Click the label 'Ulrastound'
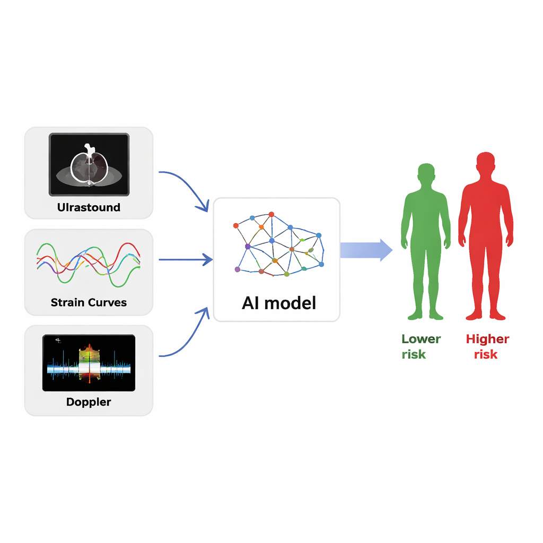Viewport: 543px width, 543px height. (x=89, y=207)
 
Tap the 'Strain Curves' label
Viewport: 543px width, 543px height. (x=89, y=303)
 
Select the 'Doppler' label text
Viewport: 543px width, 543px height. (x=89, y=402)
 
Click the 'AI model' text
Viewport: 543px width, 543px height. (x=278, y=303)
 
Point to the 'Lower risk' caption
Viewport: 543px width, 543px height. (x=421, y=346)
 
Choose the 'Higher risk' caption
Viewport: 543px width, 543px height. (x=487, y=346)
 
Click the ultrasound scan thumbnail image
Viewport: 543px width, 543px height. (x=89, y=164)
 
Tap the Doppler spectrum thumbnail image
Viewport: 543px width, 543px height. (x=89, y=363)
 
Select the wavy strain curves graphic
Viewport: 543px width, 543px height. (x=89, y=262)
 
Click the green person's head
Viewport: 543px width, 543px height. (x=426, y=173)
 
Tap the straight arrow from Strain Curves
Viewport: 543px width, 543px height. (x=186, y=260)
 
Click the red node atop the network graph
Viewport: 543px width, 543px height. (x=271, y=214)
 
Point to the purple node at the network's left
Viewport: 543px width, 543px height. (x=248, y=246)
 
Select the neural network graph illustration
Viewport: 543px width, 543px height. (x=278, y=245)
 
